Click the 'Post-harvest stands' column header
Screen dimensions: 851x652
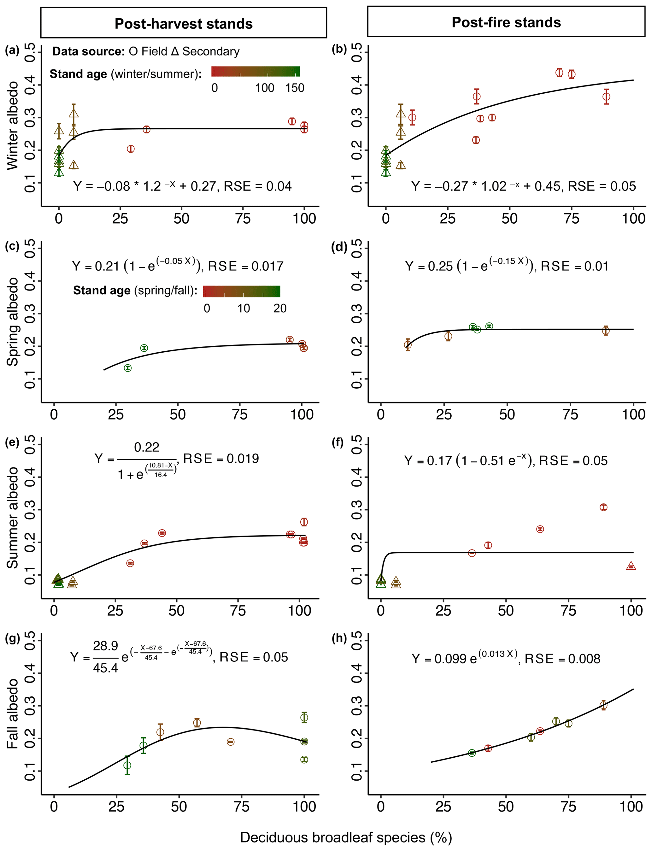tap(184, 24)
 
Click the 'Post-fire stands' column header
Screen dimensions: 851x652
tap(506, 22)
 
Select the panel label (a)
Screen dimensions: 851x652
tap(12, 50)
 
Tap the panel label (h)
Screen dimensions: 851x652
tap(339, 638)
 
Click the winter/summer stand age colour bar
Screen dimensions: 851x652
tap(256, 71)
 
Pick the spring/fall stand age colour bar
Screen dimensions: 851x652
tap(241, 291)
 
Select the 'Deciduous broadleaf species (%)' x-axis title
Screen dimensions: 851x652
tap(346, 837)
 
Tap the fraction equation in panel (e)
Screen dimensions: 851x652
tap(177, 460)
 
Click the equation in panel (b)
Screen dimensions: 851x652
tap(524, 186)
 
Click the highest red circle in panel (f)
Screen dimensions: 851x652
tap(603, 507)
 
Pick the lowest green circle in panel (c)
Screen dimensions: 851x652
tap(128, 368)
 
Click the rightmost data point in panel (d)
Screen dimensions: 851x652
tap(605, 331)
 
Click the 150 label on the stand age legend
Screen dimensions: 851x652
tap(295, 88)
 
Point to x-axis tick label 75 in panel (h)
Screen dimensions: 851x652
tap(568, 807)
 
